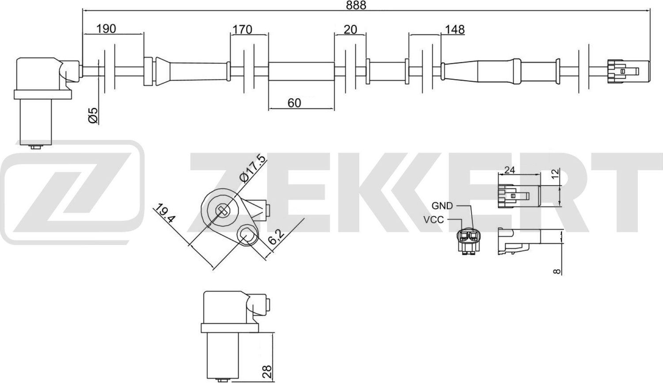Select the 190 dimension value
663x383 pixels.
click(x=106, y=29)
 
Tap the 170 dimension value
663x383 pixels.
click(x=242, y=30)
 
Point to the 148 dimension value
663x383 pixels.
click(x=455, y=30)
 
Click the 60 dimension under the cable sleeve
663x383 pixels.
click(x=294, y=103)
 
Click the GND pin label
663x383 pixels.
click(x=442, y=206)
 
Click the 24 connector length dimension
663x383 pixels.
click(x=510, y=170)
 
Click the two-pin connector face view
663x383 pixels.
click(x=469, y=241)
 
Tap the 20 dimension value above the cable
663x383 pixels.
click(x=350, y=30)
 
